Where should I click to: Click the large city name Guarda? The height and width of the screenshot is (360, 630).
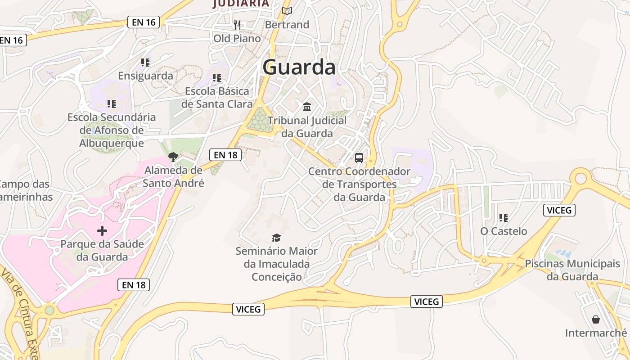point(299,67)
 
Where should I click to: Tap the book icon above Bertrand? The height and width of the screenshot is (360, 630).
point(287,11)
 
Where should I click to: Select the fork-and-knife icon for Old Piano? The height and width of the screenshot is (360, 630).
point(237,25)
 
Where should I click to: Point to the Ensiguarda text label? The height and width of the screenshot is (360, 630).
point(145,76)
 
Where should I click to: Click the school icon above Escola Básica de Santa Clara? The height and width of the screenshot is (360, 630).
point(217,78)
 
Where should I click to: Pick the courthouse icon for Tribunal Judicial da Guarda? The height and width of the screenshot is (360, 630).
point(307,107)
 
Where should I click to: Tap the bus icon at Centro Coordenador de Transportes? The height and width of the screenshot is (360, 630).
point(359,158)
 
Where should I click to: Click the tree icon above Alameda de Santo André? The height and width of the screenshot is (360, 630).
point(173,157)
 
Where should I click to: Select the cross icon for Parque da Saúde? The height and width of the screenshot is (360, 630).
point(102,231)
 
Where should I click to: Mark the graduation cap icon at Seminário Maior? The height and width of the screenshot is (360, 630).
point(276,238)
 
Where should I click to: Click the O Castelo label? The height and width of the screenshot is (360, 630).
point(504,231)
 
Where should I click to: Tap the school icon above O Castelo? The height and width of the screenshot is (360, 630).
point(504,218)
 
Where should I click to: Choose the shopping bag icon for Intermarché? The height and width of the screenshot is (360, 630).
point(596,319)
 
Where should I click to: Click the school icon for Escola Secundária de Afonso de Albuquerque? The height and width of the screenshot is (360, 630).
point(112,104)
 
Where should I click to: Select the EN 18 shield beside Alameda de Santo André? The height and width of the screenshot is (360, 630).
point(225,155)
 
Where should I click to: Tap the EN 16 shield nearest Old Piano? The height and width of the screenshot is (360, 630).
point(144,22)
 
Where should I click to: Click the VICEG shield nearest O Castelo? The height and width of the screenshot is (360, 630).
point(559,210)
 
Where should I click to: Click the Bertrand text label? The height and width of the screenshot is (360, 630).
point(287,25)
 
